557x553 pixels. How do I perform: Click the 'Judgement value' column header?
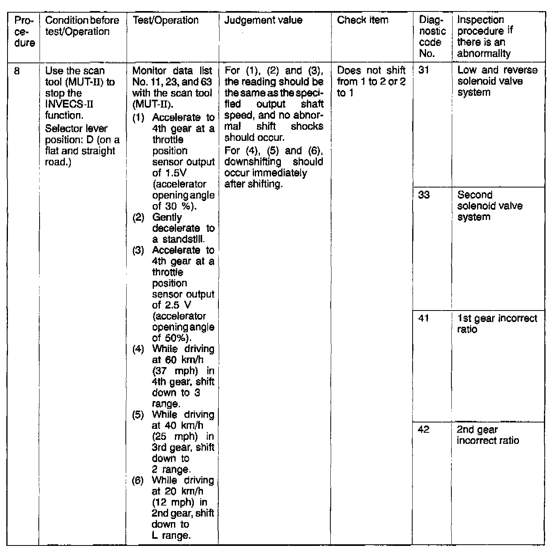tap(263, 20)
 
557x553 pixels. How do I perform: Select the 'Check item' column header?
tap(362, 20)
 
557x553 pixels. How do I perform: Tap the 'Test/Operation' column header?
tap(165, 20)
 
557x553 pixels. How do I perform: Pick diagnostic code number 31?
tap(423, 71)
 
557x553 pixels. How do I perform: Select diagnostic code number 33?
tap(424, 195)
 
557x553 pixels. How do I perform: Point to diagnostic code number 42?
tap(423, 430)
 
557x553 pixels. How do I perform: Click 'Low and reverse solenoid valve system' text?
tap(497, 81)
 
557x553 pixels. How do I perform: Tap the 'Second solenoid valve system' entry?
tap(490, 206)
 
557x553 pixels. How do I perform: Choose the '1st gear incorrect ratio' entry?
tap(497, 324)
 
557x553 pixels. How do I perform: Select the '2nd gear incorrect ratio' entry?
tap(487, 435)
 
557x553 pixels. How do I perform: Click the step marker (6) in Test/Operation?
tap(138, 480)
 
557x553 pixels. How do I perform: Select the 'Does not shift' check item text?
tap(371, 71)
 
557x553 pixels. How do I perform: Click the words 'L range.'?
tap(171, 536)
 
